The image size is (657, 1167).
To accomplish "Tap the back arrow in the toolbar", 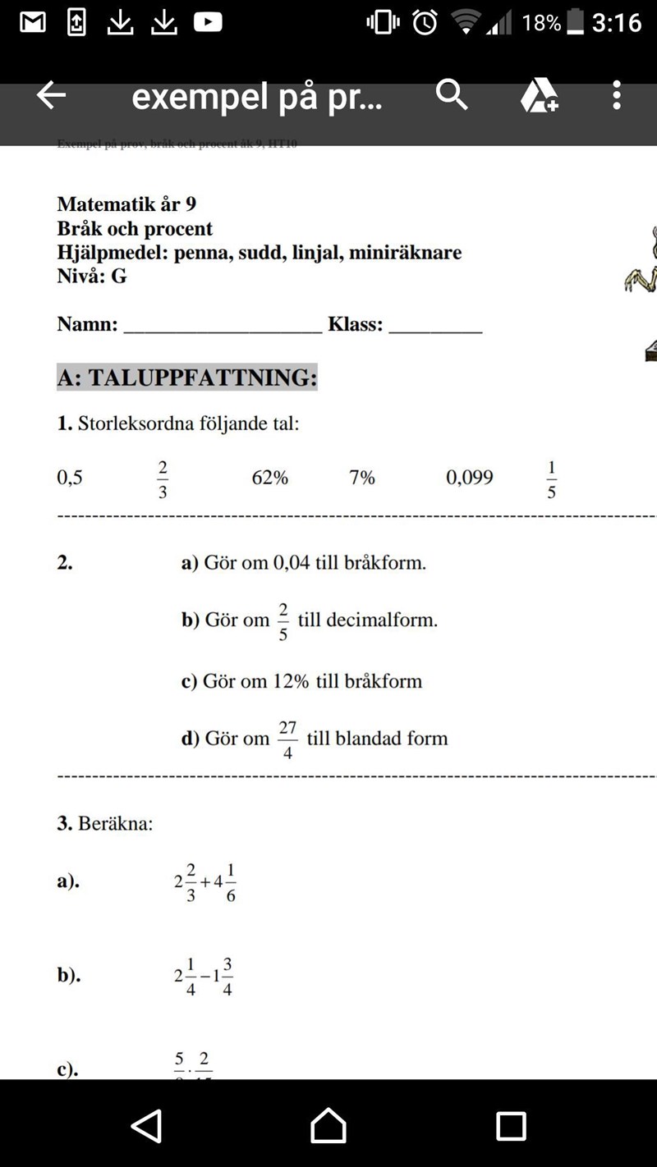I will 51,96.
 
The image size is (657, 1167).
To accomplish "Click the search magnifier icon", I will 451,96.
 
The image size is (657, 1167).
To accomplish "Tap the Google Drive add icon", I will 539,96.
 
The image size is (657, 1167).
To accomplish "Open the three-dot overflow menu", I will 617,96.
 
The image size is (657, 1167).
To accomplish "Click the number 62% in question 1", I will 269,478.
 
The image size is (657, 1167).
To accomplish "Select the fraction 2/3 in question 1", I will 163,479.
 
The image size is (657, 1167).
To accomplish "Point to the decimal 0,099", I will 469,478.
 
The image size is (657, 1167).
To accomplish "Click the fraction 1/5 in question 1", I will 552,479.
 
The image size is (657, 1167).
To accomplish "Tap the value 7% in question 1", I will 361,478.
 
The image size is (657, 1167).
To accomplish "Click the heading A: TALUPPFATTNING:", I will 187,378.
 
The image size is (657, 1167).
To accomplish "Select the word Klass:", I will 355,324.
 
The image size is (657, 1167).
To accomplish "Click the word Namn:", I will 87,324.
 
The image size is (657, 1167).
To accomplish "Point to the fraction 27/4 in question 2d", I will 287,739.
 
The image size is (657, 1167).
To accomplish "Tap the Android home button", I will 328,1125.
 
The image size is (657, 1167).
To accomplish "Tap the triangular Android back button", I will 147,1125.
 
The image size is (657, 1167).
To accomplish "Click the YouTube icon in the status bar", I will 208,22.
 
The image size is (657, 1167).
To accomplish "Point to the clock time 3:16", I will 616,22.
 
